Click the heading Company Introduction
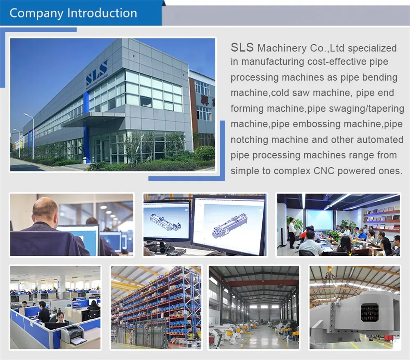pyautogui.click(x=73, y=13)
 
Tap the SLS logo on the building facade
pyautogui.click(x=97, y=73)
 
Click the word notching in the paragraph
pyautogui.click(x=251, y=140)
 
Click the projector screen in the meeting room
pyautogui.click(x=320, y=219)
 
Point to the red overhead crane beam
pyautogui.click(x=262, y=283)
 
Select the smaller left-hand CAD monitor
pyautogui.click(x=166, y=221)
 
